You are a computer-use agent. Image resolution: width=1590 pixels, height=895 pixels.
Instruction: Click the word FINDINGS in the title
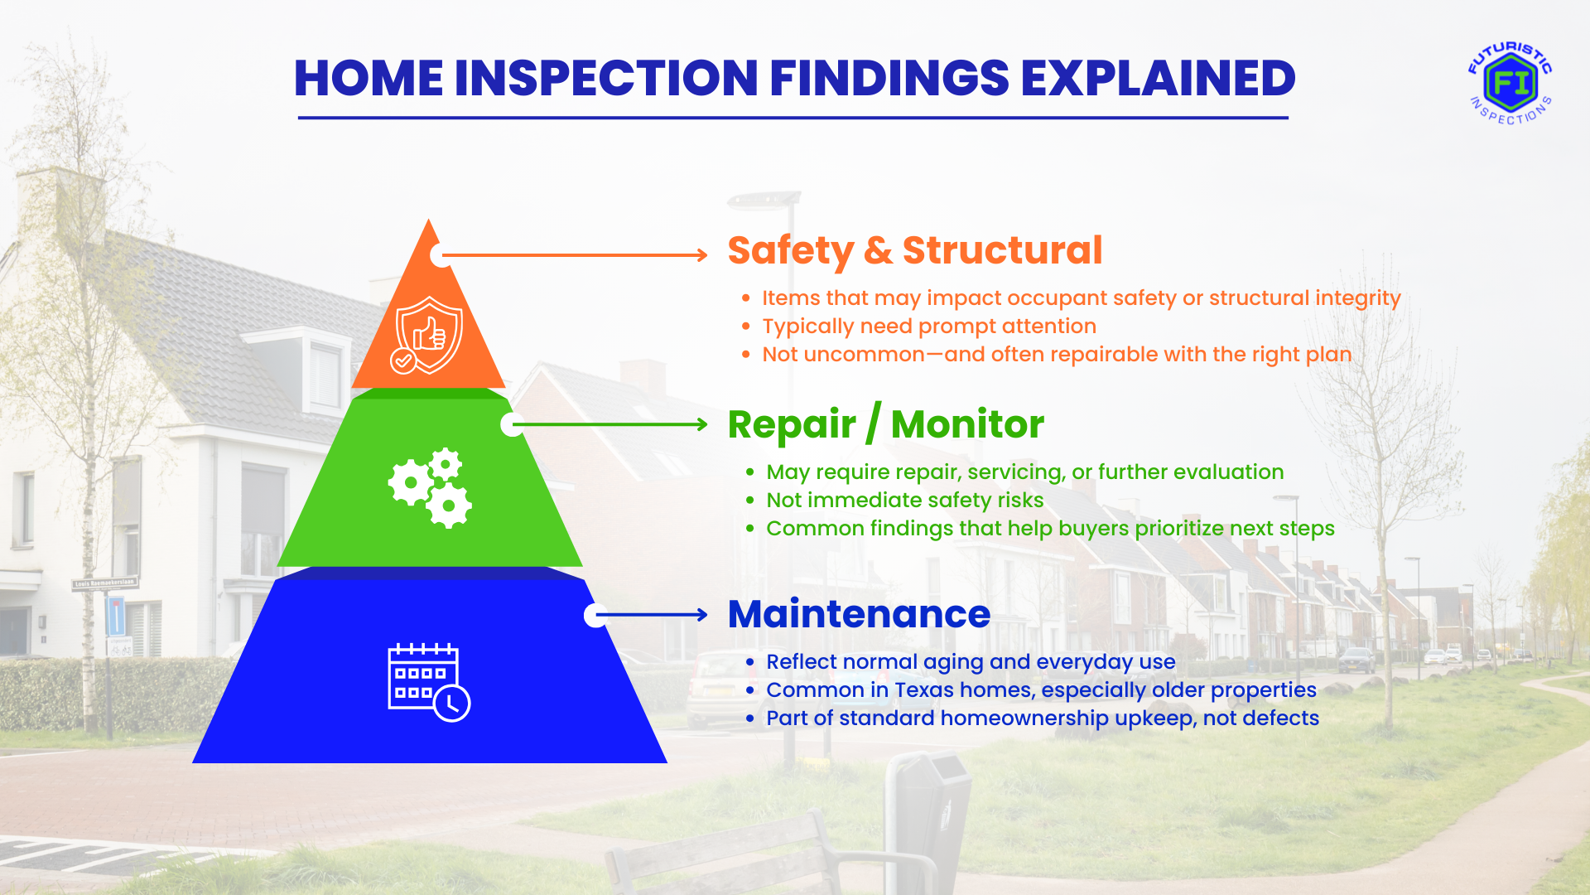(x=889, y=79)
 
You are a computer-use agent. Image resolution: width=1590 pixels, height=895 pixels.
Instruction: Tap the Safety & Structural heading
(x=915, y=250)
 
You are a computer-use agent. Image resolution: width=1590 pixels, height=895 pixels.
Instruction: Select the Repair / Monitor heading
(x=886, y=424)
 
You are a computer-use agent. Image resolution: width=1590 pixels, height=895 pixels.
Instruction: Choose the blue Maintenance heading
(x=859, y=614)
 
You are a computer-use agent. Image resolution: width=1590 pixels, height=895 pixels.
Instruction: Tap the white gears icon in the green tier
(x=430, y=487)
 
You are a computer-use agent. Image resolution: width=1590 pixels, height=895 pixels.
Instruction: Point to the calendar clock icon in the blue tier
(x=429, y=682)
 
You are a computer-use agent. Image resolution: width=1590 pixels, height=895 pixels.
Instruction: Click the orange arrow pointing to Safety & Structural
(x=575, y=255)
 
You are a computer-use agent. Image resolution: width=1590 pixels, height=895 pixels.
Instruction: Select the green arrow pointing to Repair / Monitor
(x=610, y=424)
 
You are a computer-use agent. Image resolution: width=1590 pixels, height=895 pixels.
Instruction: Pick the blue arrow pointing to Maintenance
(x=652, y=615)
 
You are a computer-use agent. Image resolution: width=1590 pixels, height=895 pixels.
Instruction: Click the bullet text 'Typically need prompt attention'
(x=929, y=327)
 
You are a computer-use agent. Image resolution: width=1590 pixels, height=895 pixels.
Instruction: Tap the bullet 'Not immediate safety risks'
(x=904, y=501)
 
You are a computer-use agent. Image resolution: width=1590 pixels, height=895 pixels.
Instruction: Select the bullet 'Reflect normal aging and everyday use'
(x=971, y=662)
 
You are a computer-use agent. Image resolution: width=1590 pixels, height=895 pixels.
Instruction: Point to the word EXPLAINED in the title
(x=1158, y=79)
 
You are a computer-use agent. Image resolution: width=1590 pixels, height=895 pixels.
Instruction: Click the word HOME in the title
(x=369, y=79)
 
